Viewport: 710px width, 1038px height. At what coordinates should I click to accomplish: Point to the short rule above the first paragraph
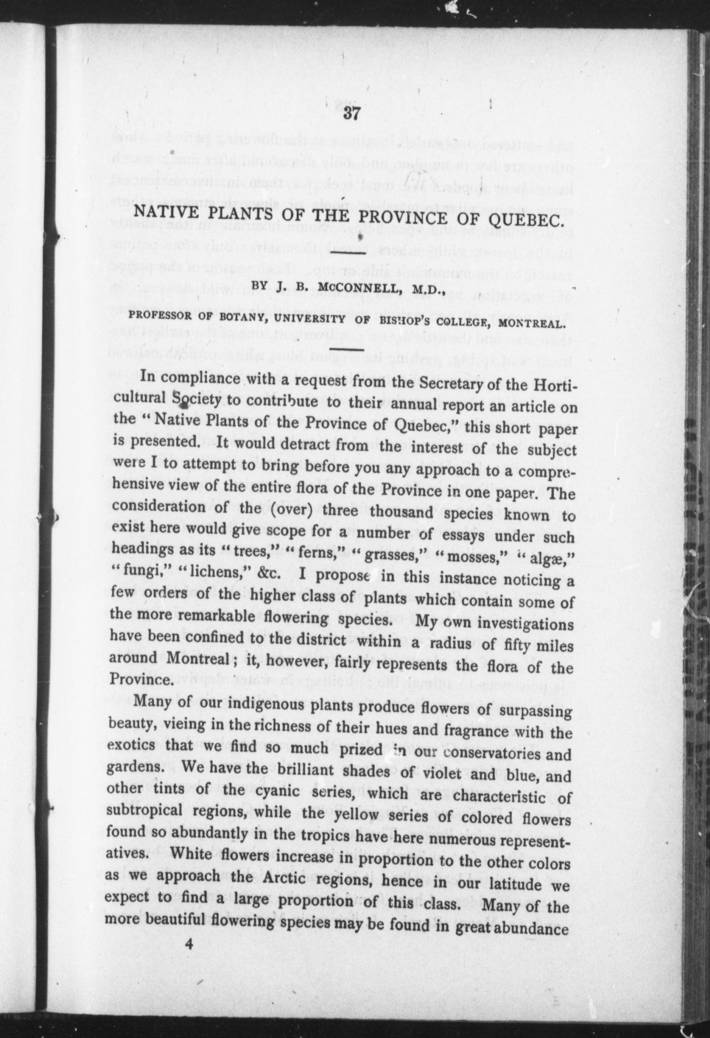[x=348, y=348]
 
